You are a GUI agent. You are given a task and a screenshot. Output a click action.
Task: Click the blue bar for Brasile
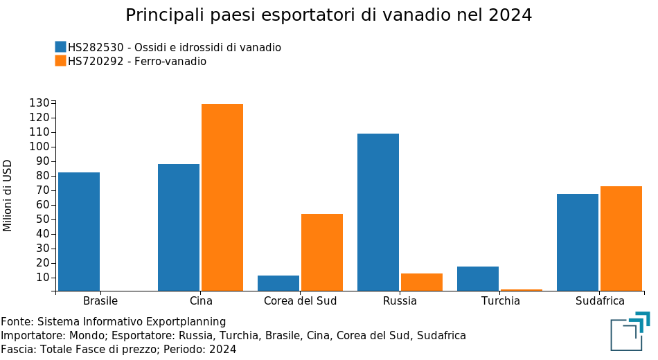tap(79, 231)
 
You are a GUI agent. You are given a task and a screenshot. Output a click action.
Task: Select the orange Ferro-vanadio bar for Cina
tap(222, 197)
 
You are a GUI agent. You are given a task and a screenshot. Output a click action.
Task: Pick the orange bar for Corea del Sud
tap(322, 252)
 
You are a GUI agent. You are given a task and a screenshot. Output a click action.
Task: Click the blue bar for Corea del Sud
tap(278, 283)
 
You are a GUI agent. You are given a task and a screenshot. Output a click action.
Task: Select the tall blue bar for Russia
tap(378, 212)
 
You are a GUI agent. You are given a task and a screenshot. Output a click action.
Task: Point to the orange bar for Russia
tap(422, 282)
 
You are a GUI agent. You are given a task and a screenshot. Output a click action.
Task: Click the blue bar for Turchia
tap(478, 278)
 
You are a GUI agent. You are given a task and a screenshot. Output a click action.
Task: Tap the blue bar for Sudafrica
tap(578, 242)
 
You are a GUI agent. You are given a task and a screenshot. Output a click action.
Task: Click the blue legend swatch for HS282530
tap(60, 47)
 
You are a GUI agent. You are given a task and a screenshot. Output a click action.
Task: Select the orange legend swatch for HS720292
tap(60, 61)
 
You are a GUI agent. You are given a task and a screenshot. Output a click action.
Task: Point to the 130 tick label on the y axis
tap(39, 103)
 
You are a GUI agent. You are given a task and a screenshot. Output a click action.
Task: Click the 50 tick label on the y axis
tap(42, 219)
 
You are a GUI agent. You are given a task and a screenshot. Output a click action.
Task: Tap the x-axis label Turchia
tap(501, 301)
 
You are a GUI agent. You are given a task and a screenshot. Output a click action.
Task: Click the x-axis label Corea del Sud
tap(301, 301)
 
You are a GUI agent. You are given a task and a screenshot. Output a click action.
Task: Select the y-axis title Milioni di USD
tap(8, 196)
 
